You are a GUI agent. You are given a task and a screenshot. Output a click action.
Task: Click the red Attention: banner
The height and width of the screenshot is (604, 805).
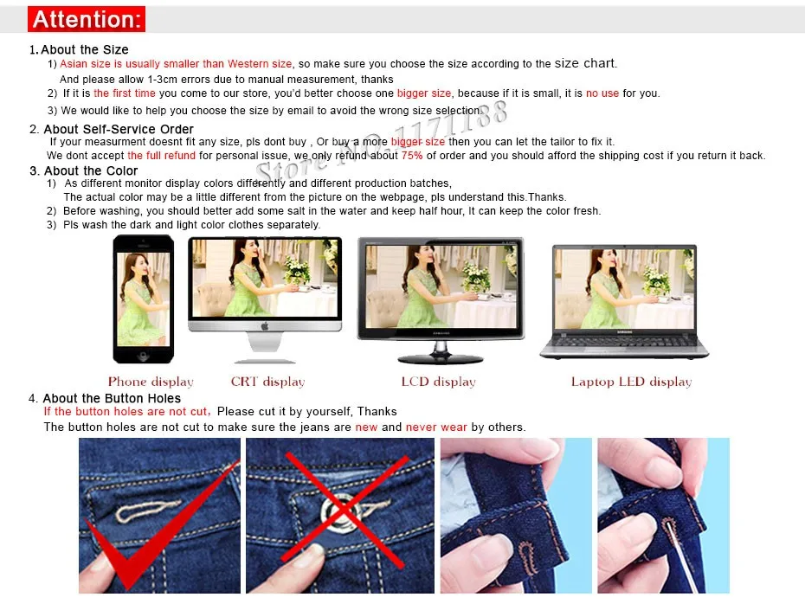(87, 19)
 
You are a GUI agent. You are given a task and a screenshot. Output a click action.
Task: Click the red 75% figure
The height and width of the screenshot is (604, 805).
(412, 156)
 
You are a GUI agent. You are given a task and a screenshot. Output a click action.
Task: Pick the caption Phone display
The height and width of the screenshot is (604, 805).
(151, 382)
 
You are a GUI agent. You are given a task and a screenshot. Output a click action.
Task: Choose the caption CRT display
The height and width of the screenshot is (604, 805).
(268, 382)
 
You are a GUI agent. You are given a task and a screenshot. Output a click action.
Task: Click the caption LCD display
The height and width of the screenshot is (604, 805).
(439, 382)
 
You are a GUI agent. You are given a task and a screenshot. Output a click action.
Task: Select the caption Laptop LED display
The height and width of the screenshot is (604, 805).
(632, 382)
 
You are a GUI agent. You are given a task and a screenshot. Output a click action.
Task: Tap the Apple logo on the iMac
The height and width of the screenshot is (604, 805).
(265, 326)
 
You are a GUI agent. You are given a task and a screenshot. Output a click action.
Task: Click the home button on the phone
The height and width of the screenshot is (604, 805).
(143, 355)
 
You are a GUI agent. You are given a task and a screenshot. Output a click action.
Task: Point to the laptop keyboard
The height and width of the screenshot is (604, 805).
(623, 341)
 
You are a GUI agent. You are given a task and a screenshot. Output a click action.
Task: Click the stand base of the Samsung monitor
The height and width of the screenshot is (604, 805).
(440, 358)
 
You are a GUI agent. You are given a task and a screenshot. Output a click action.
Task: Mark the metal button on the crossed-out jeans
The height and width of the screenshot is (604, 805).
(339, 510)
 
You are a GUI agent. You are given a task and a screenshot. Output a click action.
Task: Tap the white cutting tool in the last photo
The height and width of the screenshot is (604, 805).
(681, 557)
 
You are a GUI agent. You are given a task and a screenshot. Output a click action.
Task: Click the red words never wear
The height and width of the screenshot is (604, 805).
(436, 427)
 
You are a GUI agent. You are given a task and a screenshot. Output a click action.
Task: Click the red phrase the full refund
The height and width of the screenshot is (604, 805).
(161, 156)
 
